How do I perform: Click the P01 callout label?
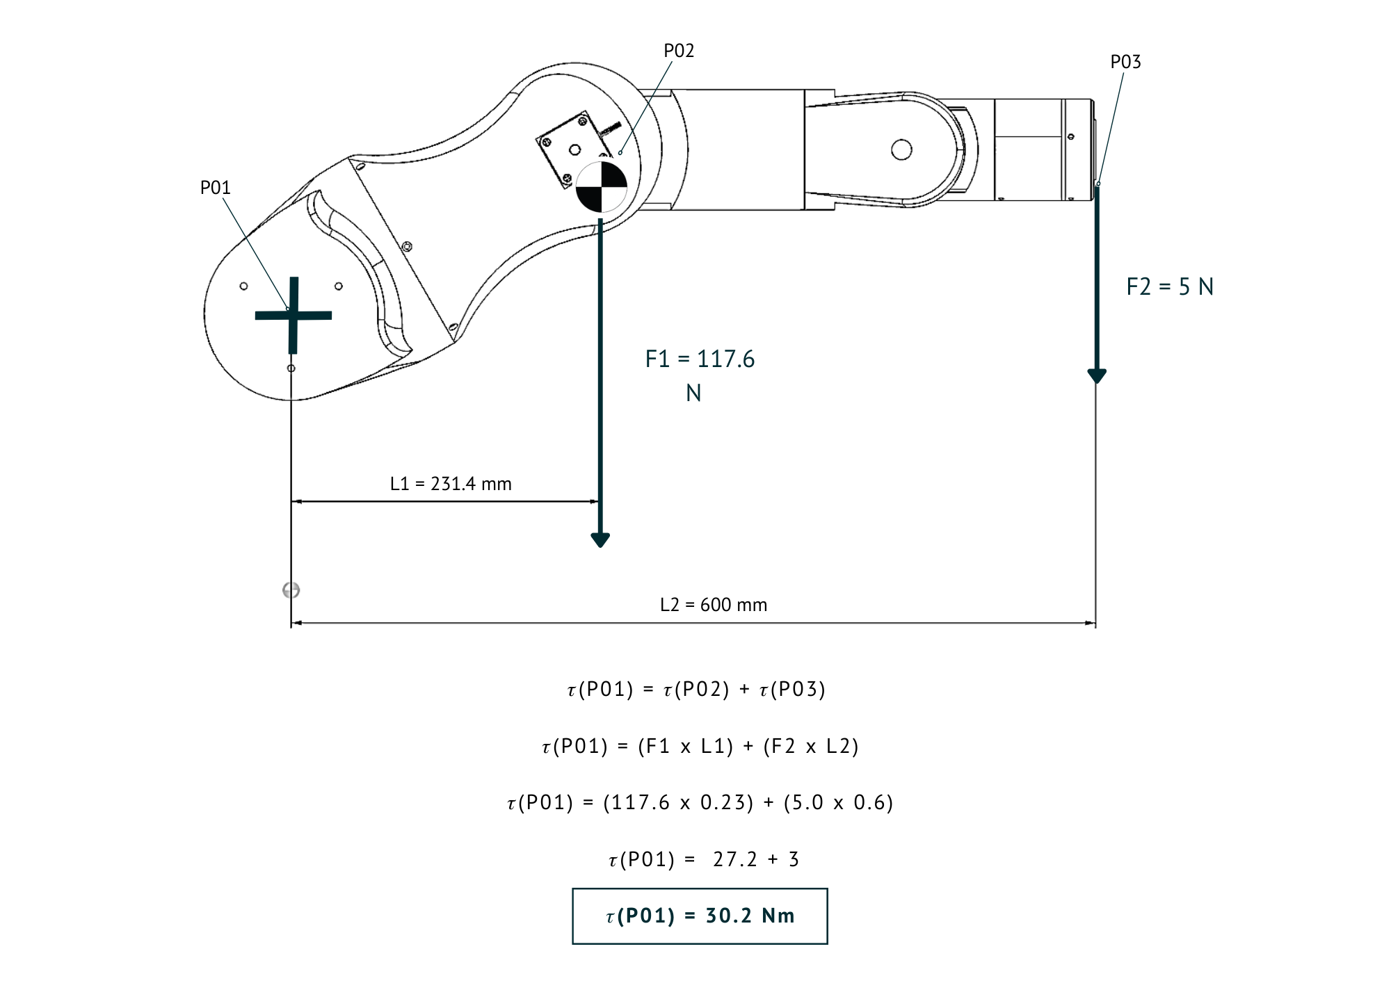point(215,188)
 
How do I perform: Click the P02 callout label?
point(679,51)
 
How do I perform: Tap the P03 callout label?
point(1125,62)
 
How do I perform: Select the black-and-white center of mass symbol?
point(602,186)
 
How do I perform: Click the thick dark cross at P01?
point(294,315)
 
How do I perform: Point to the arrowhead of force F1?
point(600,539)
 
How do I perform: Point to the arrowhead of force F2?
point(1097,376)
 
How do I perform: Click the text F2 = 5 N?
point(1170,286)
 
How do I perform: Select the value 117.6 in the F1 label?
point(725,359)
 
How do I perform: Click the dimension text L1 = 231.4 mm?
point(451,484)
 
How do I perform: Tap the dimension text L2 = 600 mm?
point(714,605)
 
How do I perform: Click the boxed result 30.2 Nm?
point(700,916)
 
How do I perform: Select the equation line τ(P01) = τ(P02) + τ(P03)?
point(697,689)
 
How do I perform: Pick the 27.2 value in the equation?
point(734,859)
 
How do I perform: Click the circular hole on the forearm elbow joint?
point(901,149)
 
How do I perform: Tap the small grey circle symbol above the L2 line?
point(291,590)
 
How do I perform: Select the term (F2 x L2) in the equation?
point(811,746)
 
